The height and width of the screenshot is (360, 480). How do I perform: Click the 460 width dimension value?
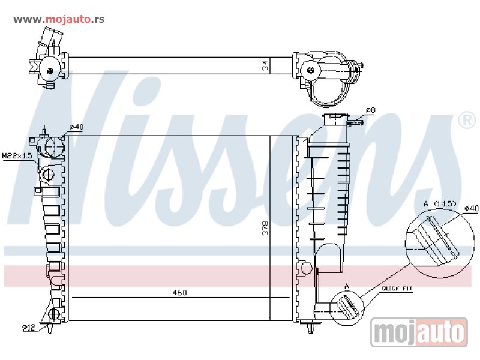[179, 293]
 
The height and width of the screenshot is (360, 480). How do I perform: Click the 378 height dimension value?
[265, 228]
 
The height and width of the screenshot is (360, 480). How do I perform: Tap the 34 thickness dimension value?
[265, 65]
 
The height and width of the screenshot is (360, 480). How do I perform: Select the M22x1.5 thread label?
[17, 156]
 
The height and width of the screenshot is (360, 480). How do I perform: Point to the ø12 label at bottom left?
[29, 328]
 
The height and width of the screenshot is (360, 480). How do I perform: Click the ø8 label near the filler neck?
[370, 110]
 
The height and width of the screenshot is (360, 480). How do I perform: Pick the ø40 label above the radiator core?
[76, 127]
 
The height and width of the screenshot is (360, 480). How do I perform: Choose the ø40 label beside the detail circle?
[471, 208]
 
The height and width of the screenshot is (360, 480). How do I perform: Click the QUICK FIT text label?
[397, 289]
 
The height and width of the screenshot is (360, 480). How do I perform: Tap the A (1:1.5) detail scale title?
[440, 203]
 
